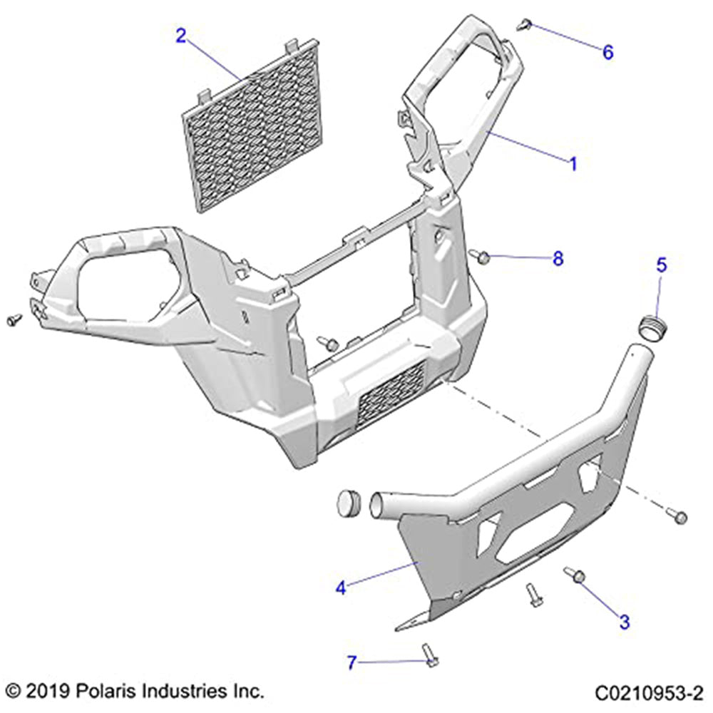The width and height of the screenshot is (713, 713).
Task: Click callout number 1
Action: tap(573, 163)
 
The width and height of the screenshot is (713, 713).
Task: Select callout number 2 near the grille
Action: tap(181, 36)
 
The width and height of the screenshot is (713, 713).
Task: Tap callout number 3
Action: tap(625, 622)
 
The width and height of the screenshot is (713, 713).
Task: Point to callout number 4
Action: tap(342, 588)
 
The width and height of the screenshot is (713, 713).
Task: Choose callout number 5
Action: tap(662, 265)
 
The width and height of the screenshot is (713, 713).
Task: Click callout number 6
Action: tap(608, 52)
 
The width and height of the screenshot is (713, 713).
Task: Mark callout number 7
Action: tap(351, 663)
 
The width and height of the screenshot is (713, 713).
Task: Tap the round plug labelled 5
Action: tap(652, 329)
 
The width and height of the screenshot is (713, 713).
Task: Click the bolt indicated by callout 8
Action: tap(479, 255)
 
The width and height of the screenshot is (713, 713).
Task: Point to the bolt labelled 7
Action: tap(428, 654)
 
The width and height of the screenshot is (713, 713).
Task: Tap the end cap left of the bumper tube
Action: tap(349, 501)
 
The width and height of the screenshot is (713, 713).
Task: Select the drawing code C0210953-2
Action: tap(650, 692)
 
